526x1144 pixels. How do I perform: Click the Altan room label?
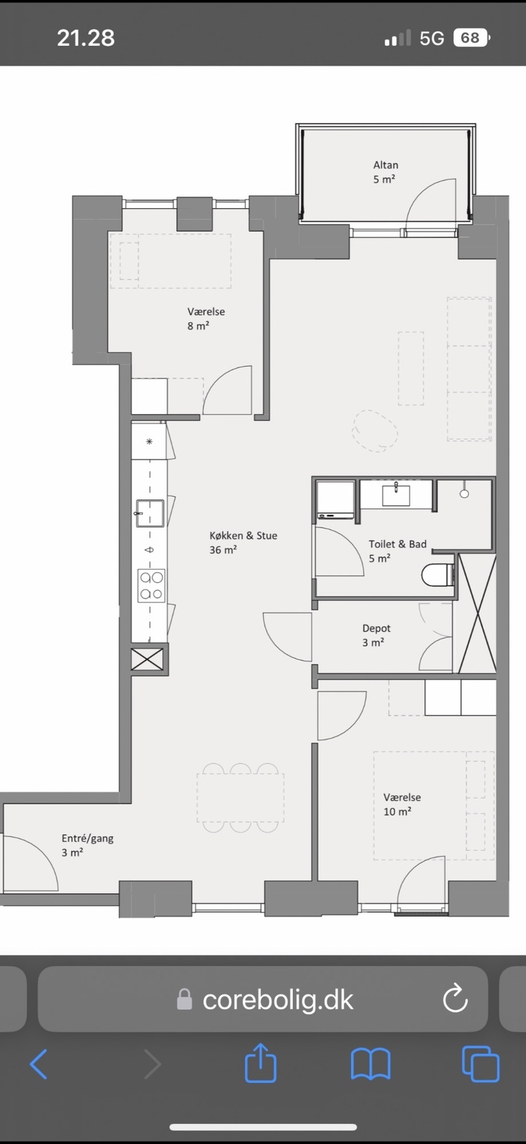click(x=385, y=172)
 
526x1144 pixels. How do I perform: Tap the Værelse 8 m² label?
click(x=206, y=318)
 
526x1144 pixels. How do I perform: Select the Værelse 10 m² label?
click(x=402, y=804)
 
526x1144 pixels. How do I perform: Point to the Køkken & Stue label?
click(x=243, y=543)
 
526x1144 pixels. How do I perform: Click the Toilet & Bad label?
click(x=397, y=551)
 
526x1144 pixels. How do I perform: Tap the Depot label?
click(x=377, y=635)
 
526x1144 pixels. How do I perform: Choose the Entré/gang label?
click(x=87, y=844)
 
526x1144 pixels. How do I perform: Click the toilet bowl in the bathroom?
click(x=437, y=575)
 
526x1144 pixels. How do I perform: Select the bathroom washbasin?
click(x=396, y=495)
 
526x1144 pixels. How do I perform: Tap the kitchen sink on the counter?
click(x=149, y=513)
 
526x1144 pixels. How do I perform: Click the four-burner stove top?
click(x=152, y=586)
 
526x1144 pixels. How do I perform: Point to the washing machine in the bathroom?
click(x=335, y=500)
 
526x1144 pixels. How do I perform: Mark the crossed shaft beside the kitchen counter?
click(x=148, y=659)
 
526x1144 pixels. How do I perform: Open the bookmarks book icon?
click(x=371, y=1065)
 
